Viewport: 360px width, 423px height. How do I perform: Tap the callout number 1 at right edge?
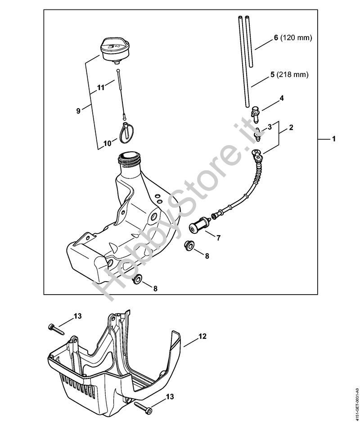[x=333, y=140]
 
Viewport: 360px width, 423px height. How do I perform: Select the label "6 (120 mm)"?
[x=292, y=38]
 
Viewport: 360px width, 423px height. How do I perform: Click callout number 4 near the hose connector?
[x=281, y=98]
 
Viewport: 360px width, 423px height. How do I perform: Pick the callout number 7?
[x=218, y=238]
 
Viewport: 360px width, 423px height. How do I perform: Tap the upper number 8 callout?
[x=207, y=255]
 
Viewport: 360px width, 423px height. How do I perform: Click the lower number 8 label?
[x=155, y=288]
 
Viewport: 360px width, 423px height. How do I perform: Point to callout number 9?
[x=78, y=110]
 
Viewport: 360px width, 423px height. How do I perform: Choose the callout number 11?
[x=100, y=87]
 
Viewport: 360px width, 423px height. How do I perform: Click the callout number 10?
[x=107, y=144]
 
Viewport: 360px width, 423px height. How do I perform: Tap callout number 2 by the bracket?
[x=291, y=127]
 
